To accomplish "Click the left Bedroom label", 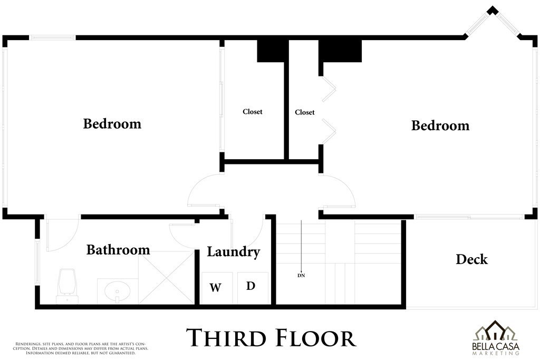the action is tap(112, 124).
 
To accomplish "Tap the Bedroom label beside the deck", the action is tap(440, 125).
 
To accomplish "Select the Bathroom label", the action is tap(118, 250).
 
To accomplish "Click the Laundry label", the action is tap(233, 252).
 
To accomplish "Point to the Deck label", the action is tap(472, 259).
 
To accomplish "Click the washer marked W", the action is tap(216, 288).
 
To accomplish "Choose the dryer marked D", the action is tap(253, 288).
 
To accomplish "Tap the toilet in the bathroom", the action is tap(67, 286).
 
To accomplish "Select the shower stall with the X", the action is tap(166, 277).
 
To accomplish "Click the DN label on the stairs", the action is tap(301, 275).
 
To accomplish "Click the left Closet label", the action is tap(253, 112).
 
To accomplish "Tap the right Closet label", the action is tap(305, 113).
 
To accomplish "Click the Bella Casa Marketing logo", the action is tap(496, 338).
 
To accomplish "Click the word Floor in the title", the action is tap(316, 338).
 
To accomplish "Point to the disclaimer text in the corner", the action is tap(81, 348).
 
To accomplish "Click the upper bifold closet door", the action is tap(329, 89).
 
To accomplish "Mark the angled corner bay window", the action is tap(493, 21).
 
